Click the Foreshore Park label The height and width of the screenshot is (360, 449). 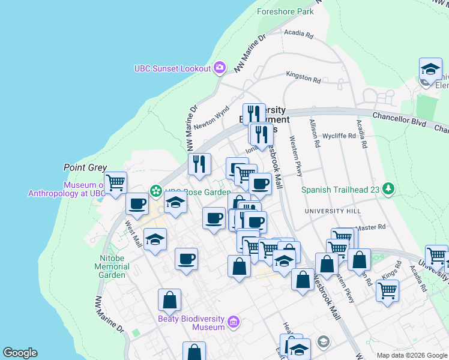tap(285, 11)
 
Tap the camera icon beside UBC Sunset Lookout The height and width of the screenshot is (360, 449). tap(220, 68)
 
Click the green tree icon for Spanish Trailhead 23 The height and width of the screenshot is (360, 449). tap(389, 190)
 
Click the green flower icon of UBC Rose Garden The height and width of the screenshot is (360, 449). tap(155, 191)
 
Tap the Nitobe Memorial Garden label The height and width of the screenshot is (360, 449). tap(112, 266)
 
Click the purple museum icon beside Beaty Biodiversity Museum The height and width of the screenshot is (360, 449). tap(234, 323)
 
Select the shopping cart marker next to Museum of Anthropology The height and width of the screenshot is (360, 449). tap(115, 182)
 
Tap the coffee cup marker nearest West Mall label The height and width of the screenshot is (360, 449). tap(137, 204)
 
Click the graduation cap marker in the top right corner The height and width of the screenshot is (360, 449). tap(430, 69)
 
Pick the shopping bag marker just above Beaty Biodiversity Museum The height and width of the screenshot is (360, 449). tap(170, 299)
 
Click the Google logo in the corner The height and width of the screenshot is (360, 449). tap(20, 353)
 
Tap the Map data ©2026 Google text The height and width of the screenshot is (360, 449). tap(412, 355)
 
